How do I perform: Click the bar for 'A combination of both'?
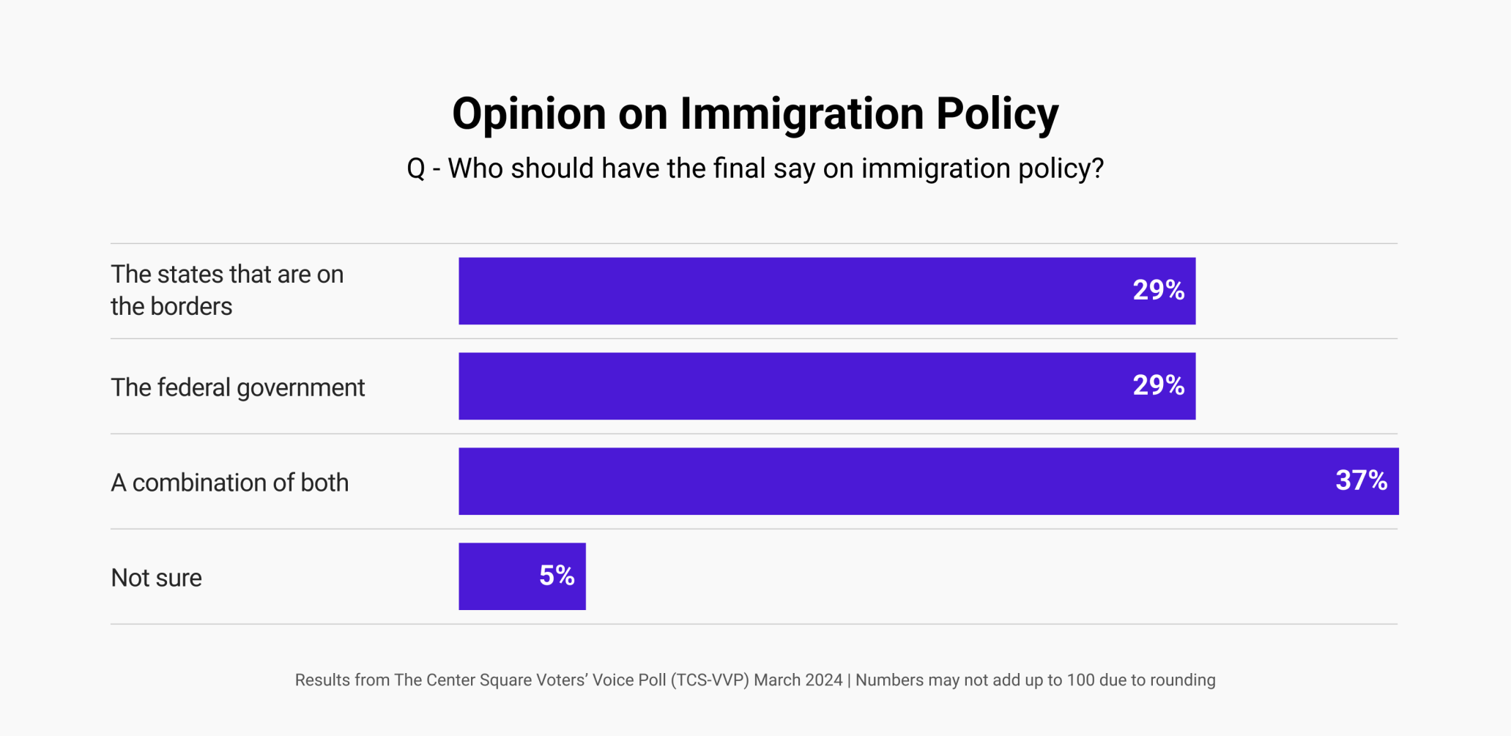click(x=879, y=481)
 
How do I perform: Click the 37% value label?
click(x=1361, y=481)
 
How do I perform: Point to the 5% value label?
click(x=557, y=576)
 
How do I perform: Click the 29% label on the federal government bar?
click(x=1158, y=385)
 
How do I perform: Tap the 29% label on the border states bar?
click(x=1158, y=290)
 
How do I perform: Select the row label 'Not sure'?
click(x=156, y=578)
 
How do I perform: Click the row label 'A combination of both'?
click(x=229, y=483)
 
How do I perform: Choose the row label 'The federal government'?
click(x=237, y=387)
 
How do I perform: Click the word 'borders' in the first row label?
click(x=191, y=306)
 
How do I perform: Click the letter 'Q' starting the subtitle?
click(x=416, y=169)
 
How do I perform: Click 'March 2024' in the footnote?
click(x=798, y=680)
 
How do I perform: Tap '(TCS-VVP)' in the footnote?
click(x=710, y=680)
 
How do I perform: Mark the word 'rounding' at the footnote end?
click(x=1182, y=680)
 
